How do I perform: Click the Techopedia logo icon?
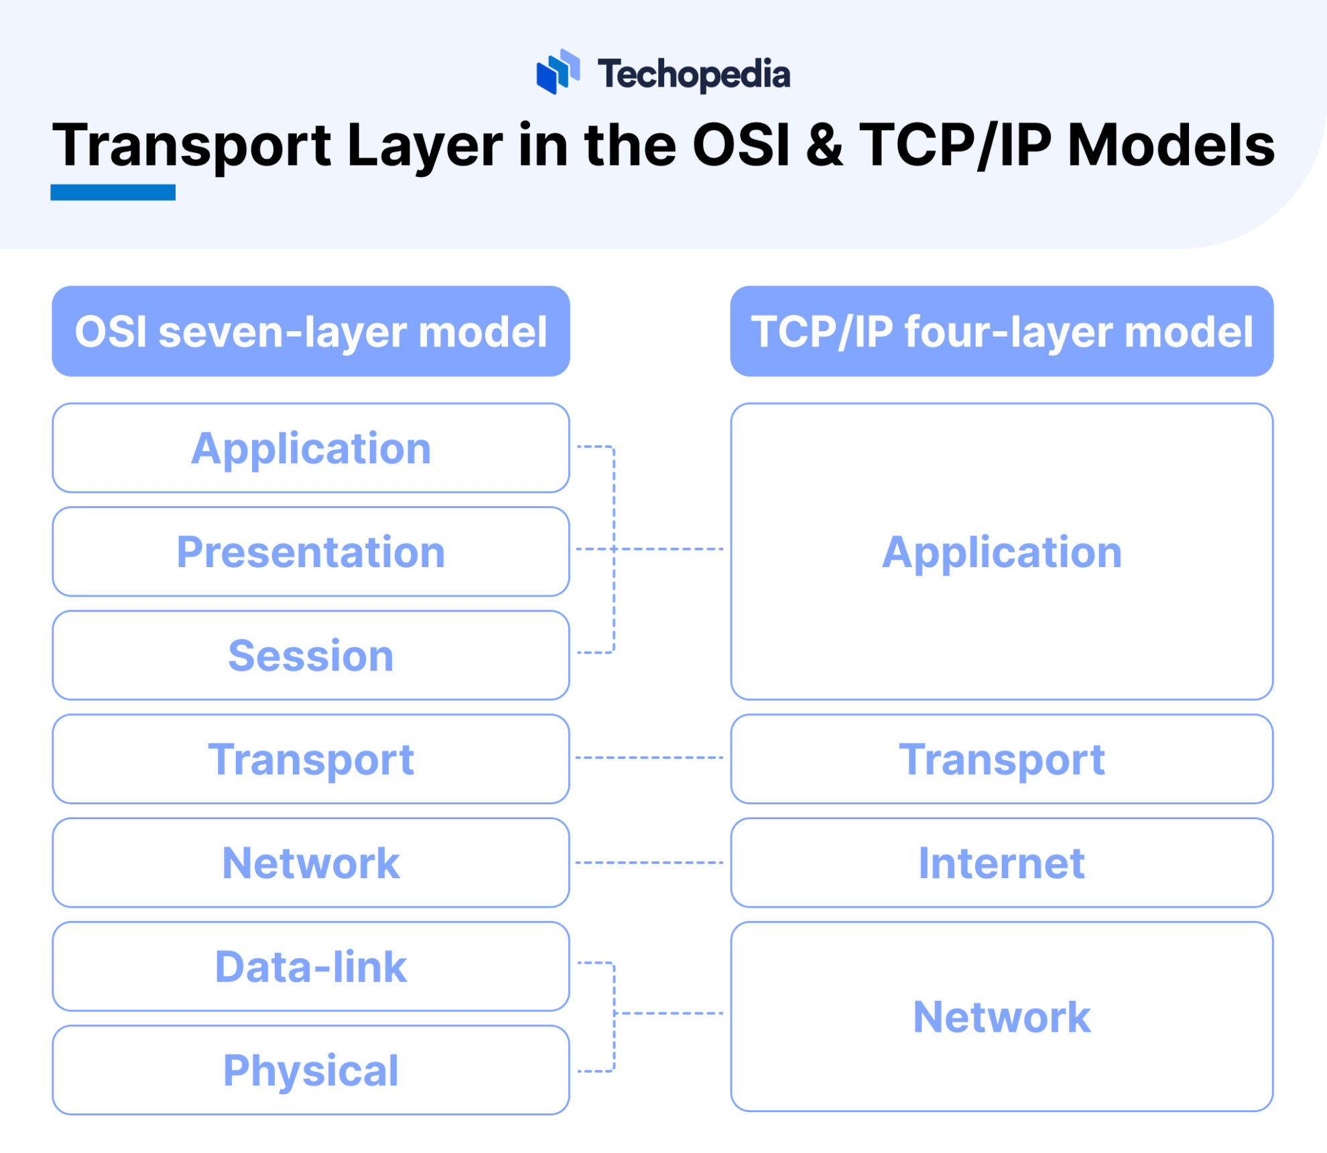557,72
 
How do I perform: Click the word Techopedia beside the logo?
694,74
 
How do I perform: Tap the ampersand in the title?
824,145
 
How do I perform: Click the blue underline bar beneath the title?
113,192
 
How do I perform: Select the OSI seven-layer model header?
311,331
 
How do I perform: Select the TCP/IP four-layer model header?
1001,331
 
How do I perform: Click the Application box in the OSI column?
311,448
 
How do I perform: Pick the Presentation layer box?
311,552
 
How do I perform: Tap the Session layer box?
311,655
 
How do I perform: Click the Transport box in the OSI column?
311,759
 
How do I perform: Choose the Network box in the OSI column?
311,863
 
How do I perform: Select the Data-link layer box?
311,966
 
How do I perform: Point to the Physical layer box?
311,1070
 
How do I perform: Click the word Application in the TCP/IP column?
1001,552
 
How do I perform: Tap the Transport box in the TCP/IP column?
1001,759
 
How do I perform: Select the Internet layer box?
1001,863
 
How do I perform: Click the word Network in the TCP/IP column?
1001,1016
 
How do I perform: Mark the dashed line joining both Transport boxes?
649,757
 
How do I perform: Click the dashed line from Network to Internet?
649,863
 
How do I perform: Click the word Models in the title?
1171,145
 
